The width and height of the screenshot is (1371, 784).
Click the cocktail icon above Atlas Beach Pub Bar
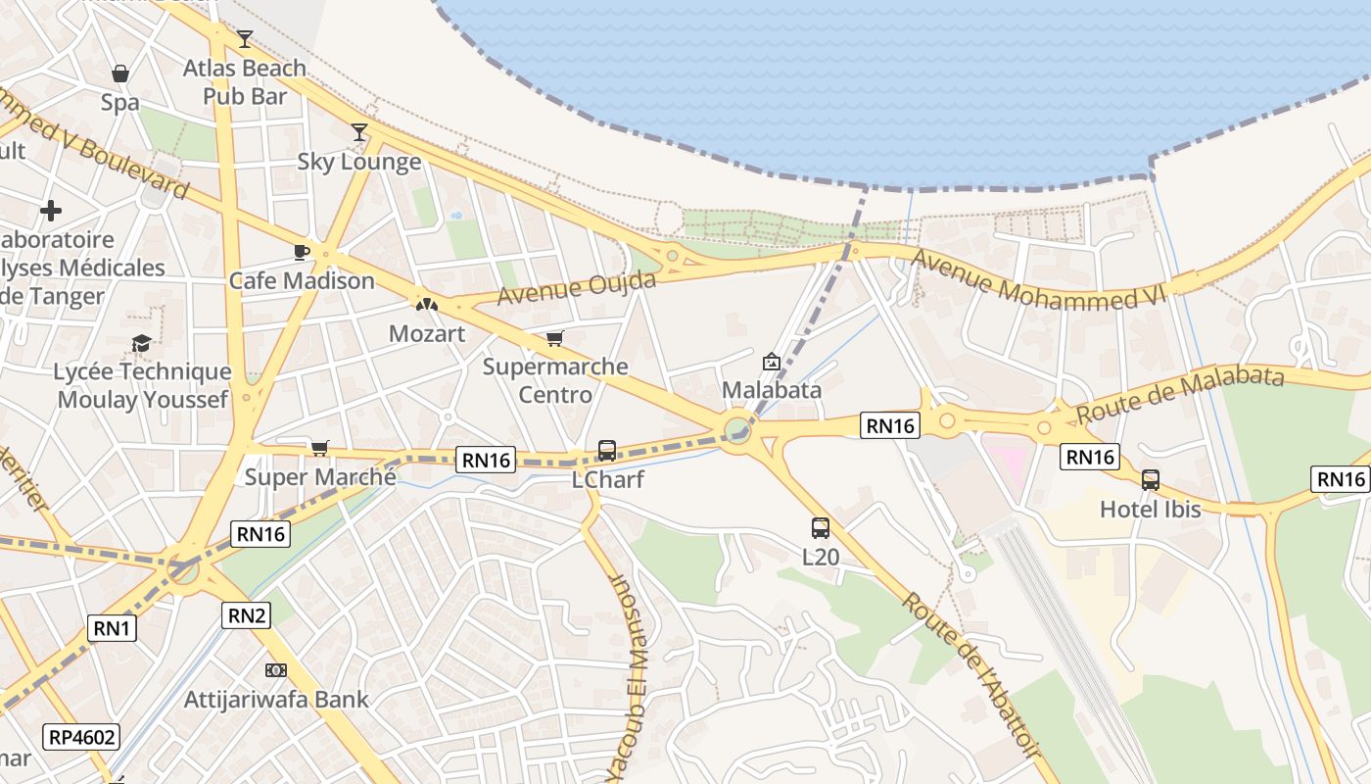[245, 39]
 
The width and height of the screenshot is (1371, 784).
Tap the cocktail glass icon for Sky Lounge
[359, 132]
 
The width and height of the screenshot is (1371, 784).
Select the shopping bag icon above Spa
[120, 73]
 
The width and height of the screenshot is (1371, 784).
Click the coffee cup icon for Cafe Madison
[302, 252]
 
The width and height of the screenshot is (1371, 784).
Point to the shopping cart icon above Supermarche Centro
[555, 338]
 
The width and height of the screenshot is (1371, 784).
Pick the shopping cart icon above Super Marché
[320, 448]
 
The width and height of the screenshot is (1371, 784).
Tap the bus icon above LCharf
[607, 451]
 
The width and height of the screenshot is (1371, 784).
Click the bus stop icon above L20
[821, 528]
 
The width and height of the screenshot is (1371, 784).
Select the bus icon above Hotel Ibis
[1151, 480]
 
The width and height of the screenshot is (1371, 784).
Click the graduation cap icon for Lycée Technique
[142, 343]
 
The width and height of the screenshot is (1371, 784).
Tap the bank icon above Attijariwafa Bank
[276, 670]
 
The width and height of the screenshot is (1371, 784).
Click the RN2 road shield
[246, 614]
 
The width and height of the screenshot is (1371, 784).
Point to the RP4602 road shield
[80, 737]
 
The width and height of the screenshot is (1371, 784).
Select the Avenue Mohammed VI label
[1039, 280]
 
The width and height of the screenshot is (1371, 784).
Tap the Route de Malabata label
[1180, 394]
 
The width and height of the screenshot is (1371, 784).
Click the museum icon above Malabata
[772, 362]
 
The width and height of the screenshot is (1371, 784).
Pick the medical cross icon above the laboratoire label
[51, 211]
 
